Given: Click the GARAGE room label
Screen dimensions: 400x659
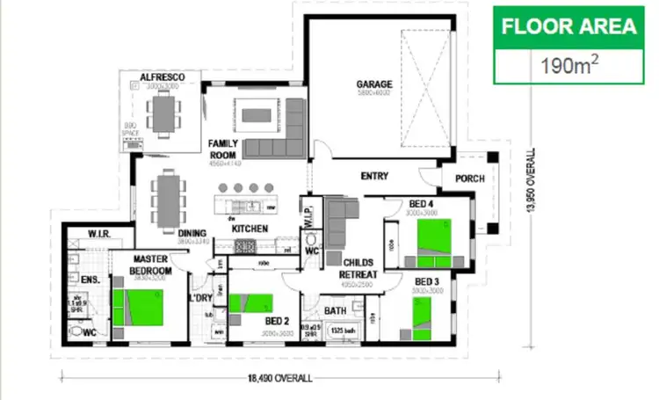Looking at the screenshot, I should pos(373,84).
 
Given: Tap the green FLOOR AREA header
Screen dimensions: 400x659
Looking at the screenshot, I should pos(568,26).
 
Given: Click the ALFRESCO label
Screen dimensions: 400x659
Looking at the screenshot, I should pos(162,79).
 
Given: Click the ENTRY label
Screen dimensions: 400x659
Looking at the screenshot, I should pos(374,176).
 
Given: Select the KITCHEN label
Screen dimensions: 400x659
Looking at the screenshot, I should pos(250,229).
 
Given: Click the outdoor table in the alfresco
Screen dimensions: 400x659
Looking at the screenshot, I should pos(163,111).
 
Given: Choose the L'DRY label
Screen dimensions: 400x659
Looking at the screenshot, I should pos(201,297).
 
